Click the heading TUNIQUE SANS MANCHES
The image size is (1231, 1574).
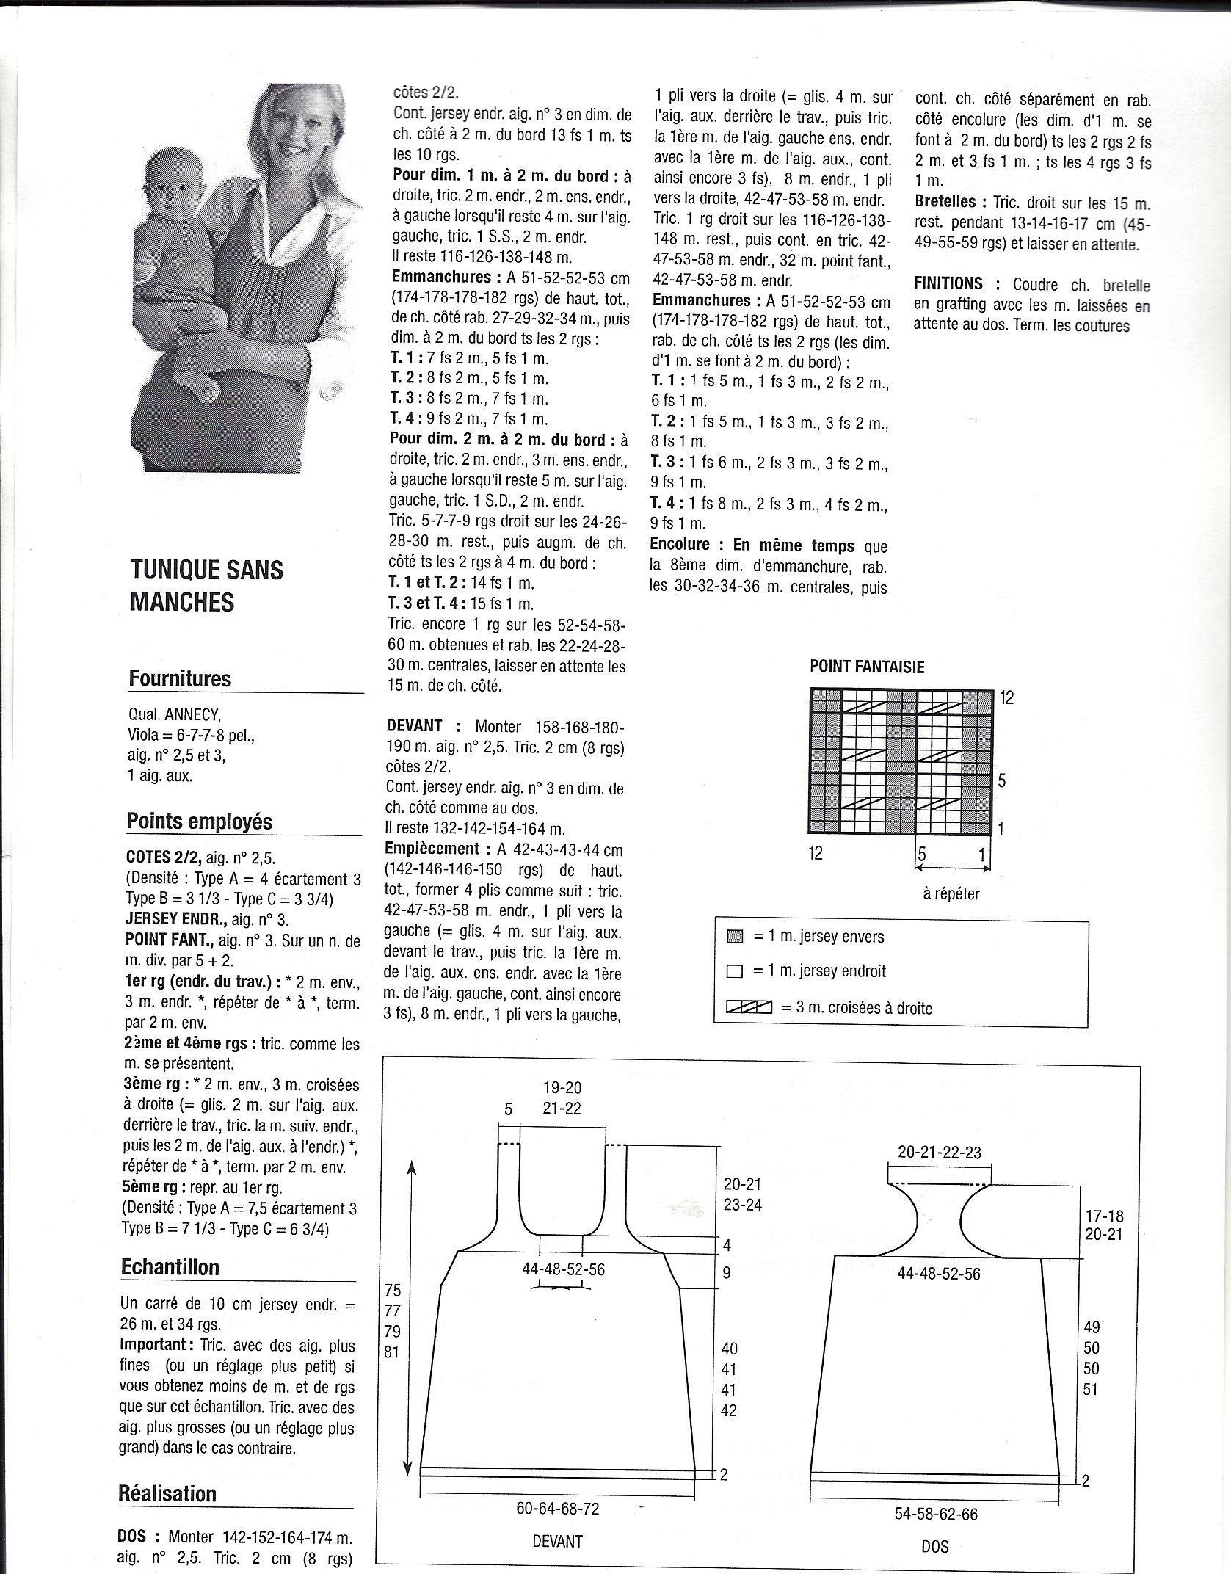[x=206, y=585]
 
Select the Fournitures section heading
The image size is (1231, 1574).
[x=180, y=678]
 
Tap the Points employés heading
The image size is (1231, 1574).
[x=200, y=821]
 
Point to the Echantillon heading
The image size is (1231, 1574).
[x=170, y=1267]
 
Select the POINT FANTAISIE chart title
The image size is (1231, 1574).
[x=867, y=667]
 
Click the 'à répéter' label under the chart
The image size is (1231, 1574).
[x=951, y=893]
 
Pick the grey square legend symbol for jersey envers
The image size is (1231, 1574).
[x=734, y=937]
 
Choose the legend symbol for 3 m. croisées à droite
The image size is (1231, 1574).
[x=749, y=1008]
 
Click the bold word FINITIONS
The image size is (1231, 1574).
[x=948, y=283]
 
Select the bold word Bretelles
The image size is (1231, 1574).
[x=945, y=202]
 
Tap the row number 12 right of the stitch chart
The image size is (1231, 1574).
[x=1006, y=698]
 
